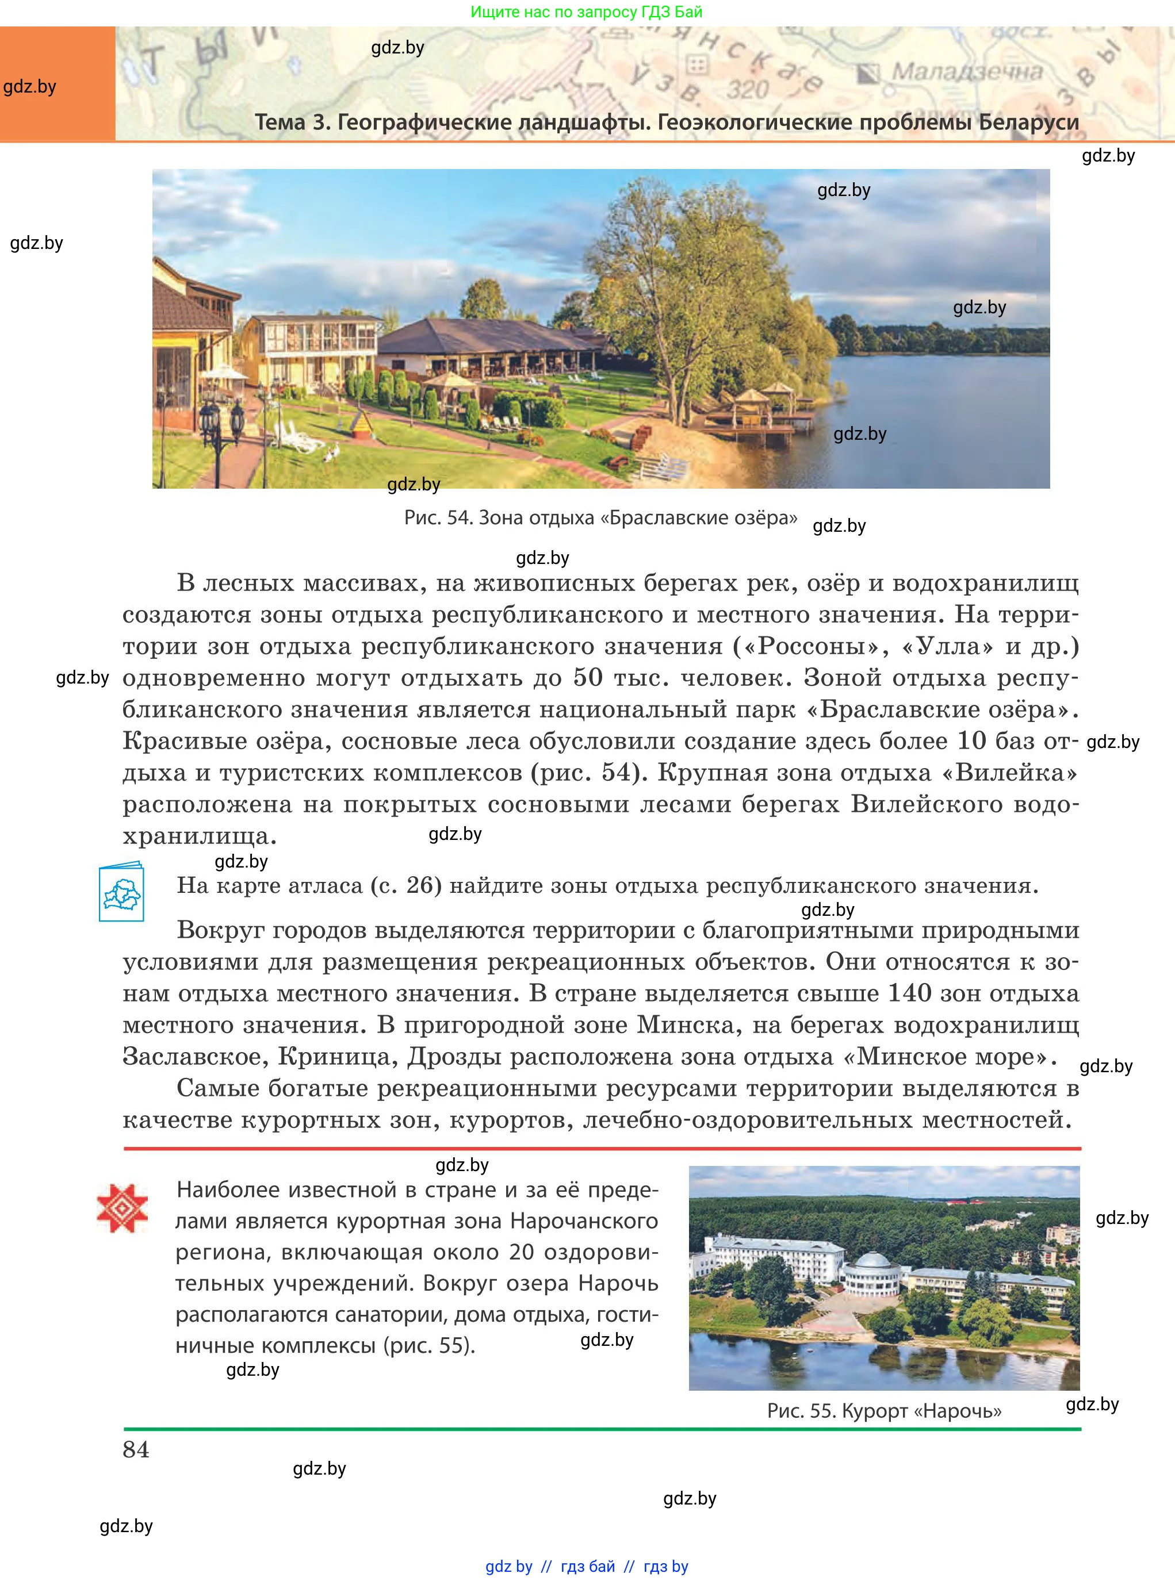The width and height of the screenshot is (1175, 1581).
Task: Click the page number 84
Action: pos(136,1449)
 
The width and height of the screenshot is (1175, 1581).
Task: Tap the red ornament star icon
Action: pos(123,1208)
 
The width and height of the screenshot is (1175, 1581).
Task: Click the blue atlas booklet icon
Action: pos(121,892)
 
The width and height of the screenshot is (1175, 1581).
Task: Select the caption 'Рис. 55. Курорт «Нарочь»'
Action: pos(884,1410)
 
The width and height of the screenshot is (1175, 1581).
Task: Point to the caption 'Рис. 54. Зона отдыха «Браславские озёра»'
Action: pos(600,517)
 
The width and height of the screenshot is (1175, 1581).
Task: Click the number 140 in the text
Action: pos(910,993)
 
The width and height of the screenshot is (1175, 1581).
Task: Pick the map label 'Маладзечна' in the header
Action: pos(967,72)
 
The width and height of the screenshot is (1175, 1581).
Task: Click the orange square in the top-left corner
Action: pos(57,83)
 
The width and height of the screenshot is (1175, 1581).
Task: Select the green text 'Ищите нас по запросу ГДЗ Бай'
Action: pos(587,12)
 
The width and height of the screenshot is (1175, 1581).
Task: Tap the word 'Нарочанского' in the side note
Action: pos(584,1221)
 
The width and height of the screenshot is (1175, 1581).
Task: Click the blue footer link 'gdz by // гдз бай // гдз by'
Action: pos(587,1566)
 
